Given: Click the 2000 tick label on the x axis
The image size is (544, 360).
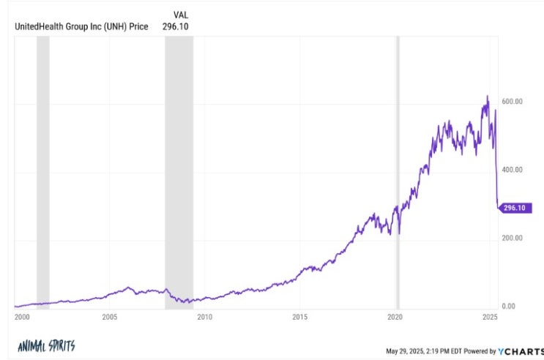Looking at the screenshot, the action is point(22,317).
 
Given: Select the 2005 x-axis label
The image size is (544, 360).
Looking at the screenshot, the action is point(110,317).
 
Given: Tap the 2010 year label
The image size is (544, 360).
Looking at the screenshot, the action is point(205,317).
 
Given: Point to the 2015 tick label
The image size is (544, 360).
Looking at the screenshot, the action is point(299,317).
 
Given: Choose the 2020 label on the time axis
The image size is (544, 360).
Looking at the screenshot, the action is point(395,317).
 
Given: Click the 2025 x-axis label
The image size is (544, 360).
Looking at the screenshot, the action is point(491,317).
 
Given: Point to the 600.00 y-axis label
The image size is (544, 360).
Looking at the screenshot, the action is point(512,101).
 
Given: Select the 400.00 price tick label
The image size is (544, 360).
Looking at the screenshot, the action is point(512,170).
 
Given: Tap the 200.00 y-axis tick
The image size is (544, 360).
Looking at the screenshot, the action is point(512,238).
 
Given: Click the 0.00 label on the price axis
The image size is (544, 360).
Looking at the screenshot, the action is point(509,307).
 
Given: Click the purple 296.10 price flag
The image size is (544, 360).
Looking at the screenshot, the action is point(515,208).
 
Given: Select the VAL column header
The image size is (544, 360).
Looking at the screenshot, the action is point(181,15).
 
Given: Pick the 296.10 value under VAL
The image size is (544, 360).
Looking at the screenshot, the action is point(176,26).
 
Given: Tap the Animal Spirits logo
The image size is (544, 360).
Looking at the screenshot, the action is point(46,346).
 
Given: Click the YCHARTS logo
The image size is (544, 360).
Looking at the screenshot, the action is point(521,351).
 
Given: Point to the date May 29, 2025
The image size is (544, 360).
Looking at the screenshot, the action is point(405,351).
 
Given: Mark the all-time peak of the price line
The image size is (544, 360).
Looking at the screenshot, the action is point(488,96).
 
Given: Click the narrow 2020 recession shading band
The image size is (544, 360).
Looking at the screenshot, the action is point(398,173).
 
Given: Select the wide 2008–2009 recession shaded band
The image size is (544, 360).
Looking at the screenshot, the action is point(179,173).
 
